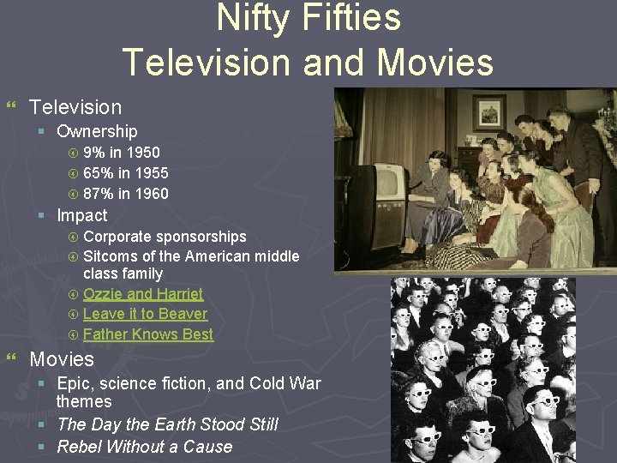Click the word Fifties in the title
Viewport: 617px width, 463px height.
pos(353,18)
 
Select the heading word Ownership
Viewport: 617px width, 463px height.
pos(97,131)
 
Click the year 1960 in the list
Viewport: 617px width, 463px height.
pos(151,194)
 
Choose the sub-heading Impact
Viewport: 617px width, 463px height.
pos(82,215)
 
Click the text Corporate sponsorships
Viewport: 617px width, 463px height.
pos(165,237)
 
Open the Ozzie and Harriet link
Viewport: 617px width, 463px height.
pos(143,293)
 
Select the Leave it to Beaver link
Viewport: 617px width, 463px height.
pos(145,314)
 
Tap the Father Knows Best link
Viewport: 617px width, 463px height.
pos(148,334)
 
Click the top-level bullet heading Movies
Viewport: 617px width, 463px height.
pos(62,358)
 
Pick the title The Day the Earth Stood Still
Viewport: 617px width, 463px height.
pos(167,424)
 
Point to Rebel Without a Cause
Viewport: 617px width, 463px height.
pos(144,447)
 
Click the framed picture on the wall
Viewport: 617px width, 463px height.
pos(489,112)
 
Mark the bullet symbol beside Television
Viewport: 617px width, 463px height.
pos(12,107)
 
